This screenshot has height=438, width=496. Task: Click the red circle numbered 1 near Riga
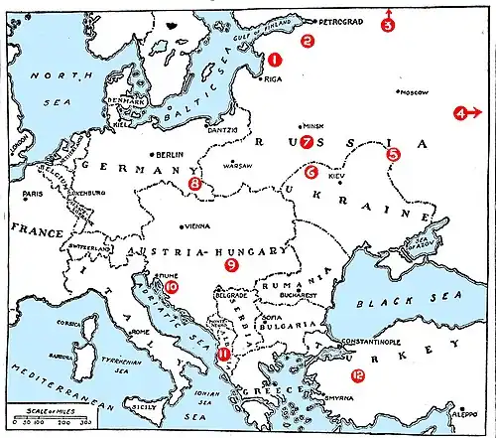tap(275, 60)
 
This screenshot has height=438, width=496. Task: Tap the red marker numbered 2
tap(308, 41)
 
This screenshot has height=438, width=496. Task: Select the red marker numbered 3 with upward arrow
tap(388, 25)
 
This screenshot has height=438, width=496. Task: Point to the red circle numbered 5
tap(393, 154)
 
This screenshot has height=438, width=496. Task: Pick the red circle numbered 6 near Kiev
tap(311, 172)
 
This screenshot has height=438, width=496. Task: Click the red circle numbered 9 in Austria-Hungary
tap(231, 265)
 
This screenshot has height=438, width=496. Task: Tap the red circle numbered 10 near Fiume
tap(172, 287)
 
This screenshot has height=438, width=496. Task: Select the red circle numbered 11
tap(224, 353)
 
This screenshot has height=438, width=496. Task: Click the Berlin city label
tap(171, 155)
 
